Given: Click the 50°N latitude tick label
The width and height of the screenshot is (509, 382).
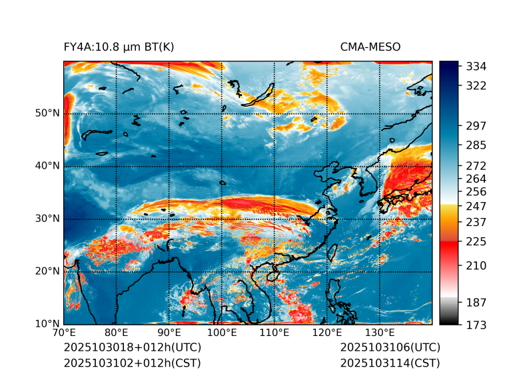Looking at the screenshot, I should [47, 113].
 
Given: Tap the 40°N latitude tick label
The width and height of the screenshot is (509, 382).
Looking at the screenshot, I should [47, 166].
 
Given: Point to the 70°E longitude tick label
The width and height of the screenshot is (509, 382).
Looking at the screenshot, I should [64, 333].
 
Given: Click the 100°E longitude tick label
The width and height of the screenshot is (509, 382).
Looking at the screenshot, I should [221, 333].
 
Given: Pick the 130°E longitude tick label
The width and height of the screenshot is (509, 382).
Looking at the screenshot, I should [379, 333].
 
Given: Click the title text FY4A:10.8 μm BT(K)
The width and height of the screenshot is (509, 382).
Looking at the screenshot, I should [119, 47].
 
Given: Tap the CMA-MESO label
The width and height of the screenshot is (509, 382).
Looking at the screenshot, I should [370, 47].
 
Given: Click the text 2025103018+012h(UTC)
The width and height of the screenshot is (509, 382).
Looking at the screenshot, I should [132, 348].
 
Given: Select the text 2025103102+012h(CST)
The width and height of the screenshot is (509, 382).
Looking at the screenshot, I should [132, 363].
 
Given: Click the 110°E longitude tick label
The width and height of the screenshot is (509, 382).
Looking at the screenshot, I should [274, 333].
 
